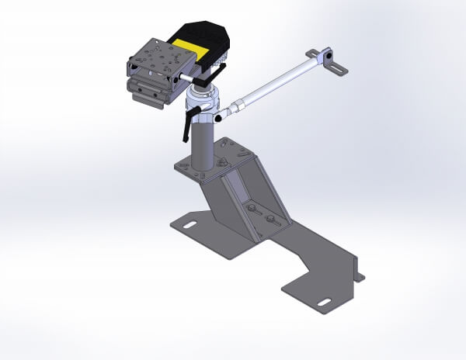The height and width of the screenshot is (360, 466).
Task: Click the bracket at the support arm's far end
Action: coord(329,61)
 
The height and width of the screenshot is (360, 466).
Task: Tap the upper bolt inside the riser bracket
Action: coord(252,209)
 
